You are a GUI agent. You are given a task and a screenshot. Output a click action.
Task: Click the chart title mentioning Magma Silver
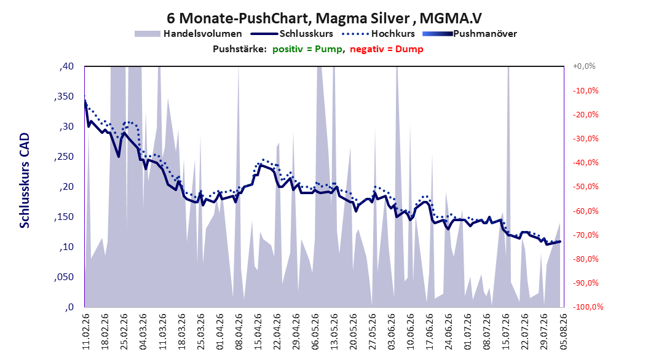(324, 18)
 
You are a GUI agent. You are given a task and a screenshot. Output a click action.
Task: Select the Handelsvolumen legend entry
(189, 34)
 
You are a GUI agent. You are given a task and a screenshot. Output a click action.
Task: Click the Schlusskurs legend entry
(292, 34)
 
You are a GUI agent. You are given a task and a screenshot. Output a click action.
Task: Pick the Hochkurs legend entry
(378, 34)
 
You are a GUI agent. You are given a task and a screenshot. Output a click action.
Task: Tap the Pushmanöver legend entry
(470, 34)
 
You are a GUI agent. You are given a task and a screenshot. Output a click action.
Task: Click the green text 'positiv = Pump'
(307, 49)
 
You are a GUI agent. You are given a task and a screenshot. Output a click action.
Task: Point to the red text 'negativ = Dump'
(387, 49)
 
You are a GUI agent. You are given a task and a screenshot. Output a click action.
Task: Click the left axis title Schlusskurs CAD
(25, 181)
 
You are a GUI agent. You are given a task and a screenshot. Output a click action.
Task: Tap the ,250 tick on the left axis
(64, 157)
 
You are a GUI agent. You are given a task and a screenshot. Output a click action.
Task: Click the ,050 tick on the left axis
(64, 277)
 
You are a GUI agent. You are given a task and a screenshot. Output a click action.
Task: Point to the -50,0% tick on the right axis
(585, 187)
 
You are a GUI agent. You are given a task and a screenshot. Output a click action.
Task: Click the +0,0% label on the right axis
(584, 66)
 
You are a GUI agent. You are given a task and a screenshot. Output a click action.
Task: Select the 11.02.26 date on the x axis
(86, 332)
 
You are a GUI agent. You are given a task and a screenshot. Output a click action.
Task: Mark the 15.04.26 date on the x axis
(258, 332)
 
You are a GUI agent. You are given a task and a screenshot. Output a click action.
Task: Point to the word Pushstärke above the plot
(240, 49)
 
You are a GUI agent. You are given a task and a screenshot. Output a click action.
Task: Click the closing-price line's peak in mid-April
(260, 165)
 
